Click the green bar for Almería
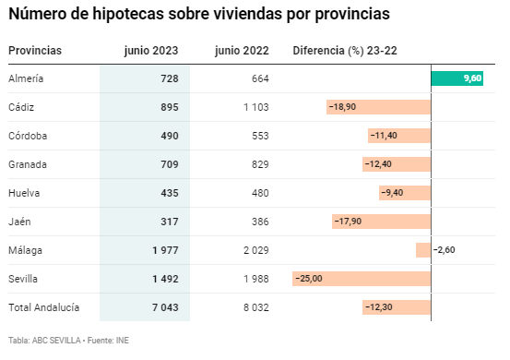pos(457,78)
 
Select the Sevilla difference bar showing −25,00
pos(362,279)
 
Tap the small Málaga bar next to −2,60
pos(423,250)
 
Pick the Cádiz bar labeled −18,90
pos(379,107)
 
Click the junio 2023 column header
pos(151,51)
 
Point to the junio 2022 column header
pos(242,51)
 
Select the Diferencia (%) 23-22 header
pos(345,51)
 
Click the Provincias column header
pos(35,51)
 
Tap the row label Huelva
pos(24,193)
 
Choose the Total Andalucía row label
pos(44,307)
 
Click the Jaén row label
pos(19,222)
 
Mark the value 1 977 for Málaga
pos(166,250)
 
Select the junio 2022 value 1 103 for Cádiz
pos(256,107)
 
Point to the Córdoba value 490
pos(170,136)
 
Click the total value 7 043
pos(166,307)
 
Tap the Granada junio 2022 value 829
pos(260,164)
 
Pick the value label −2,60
pos(444,250)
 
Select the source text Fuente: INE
pos(108,341)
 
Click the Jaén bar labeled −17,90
pos(382,222)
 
